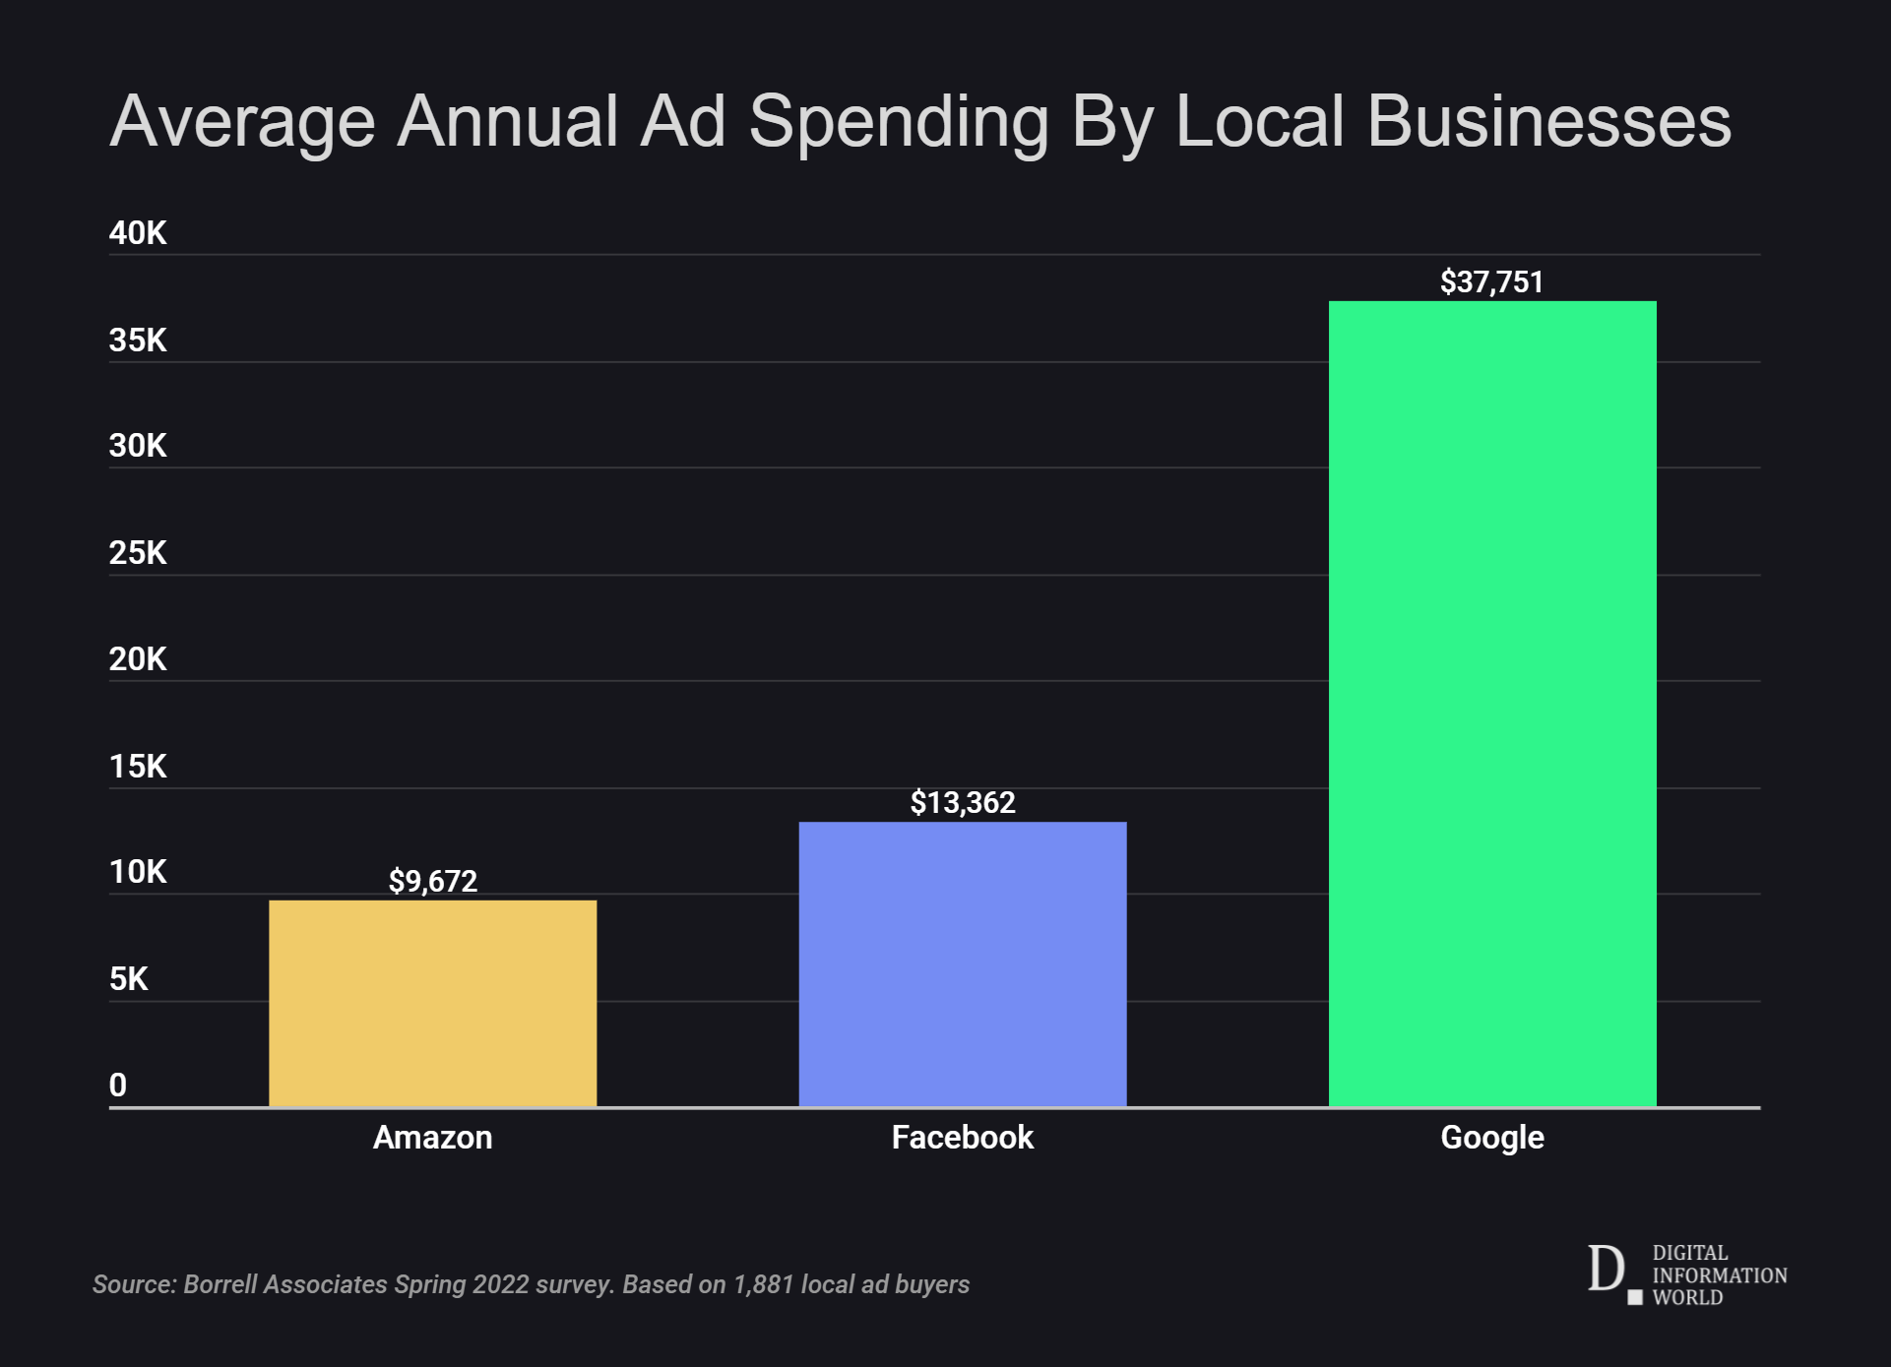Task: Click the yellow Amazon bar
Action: click(432, 1003)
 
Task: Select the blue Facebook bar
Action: click(962, 963)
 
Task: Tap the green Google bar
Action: click(1491, 704)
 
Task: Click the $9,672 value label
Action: click(432, 881)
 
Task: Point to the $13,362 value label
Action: click(962, 803)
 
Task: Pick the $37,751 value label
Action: click(1491, 282)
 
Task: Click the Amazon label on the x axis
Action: click(432, 1138)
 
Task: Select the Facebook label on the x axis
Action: click(962, 1138)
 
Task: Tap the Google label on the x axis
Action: click(1491, 1138)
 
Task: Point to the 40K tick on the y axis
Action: click(138, 233)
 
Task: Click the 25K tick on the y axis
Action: click(138, 553)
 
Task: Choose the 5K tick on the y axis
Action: click(129, 979)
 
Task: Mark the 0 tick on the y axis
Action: click(118, 1086)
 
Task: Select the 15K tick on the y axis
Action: click(138, 767)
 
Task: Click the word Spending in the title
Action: click(898, 123)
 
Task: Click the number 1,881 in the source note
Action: click(763, 1284)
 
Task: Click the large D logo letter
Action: click(1606, 1269)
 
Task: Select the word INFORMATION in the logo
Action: click(1719, 1275)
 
